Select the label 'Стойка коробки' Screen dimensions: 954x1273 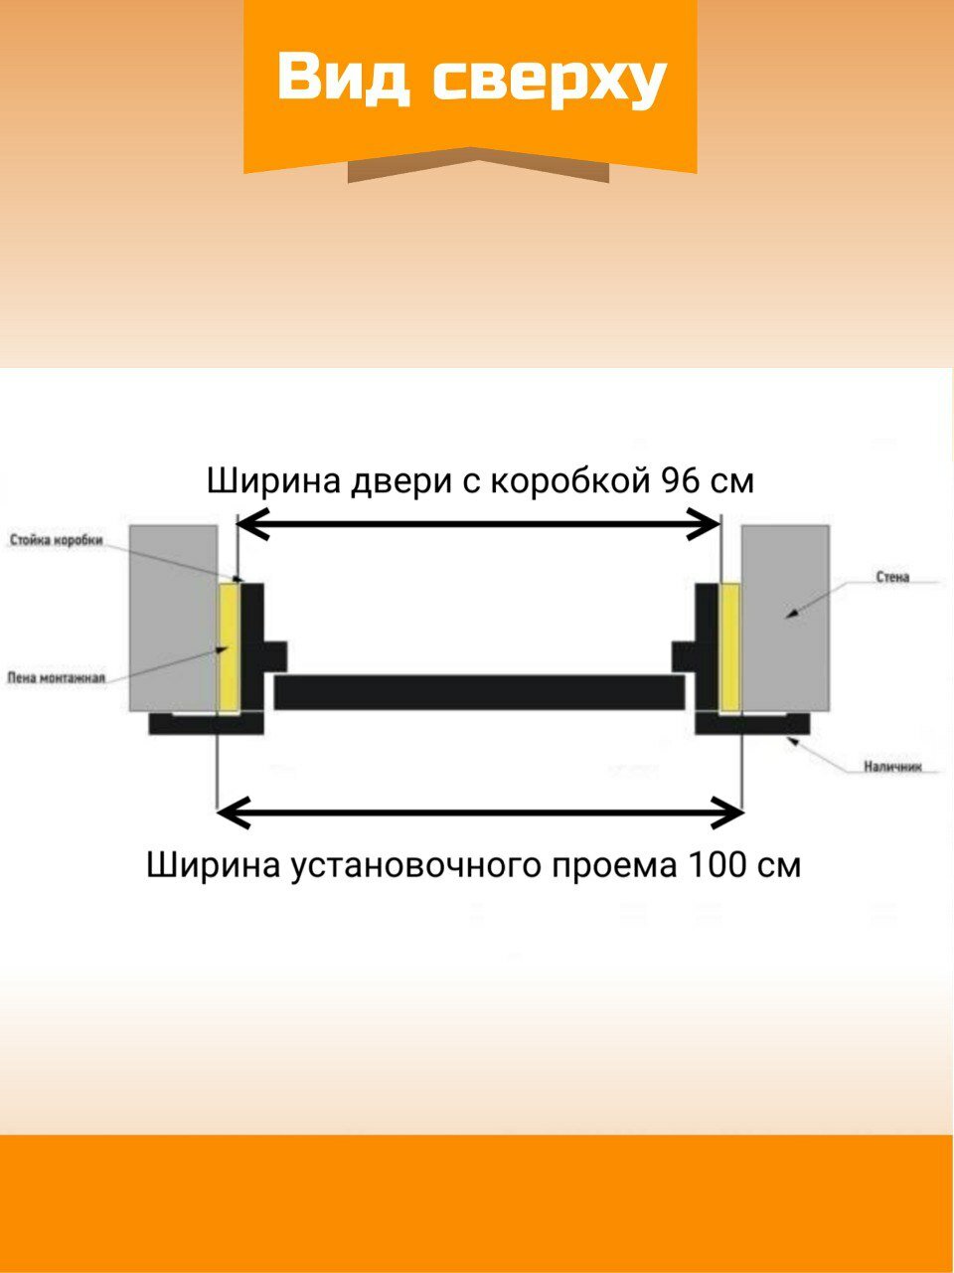pos(56,540)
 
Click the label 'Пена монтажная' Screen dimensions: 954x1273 pos(56,678)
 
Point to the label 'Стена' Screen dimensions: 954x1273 pos(892,577)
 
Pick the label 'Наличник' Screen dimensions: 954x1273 pos(892,767)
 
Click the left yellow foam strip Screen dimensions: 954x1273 pos(228,646)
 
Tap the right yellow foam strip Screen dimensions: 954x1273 pos(729,646)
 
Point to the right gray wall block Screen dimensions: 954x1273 pos(785,617)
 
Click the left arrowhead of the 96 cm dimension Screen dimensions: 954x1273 pos(250,523)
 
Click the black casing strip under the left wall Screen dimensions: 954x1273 pos(205,724)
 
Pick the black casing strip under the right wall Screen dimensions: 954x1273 pos(751,724)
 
